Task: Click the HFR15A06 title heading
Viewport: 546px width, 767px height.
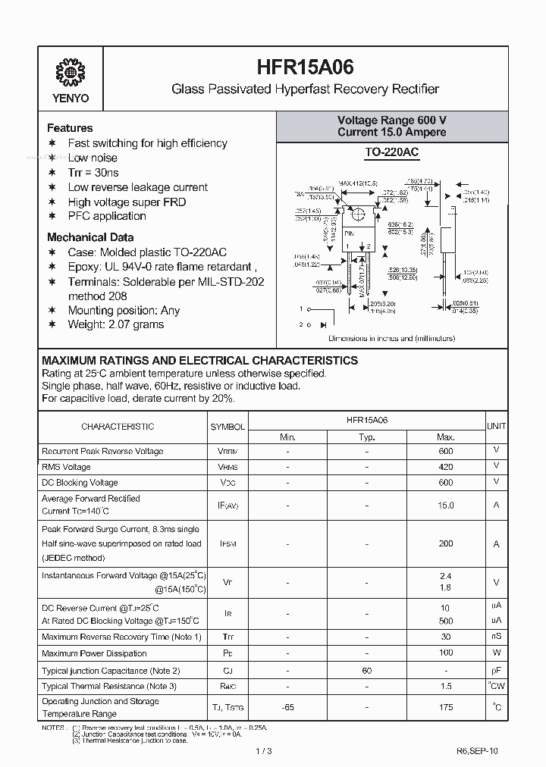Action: coord(305,68)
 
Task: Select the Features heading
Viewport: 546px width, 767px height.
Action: coord(70,128)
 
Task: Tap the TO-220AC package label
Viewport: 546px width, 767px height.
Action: coord(391,152)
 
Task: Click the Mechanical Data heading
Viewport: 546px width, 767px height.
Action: coord(90,237)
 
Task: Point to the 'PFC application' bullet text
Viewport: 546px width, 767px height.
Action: coord(107,216)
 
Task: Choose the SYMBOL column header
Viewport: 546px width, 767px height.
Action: coord(227,427)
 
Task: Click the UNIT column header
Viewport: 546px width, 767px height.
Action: coord(496,427)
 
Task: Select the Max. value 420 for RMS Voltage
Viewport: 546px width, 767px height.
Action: coord(445,467)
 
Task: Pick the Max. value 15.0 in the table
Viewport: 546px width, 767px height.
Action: coord(445,505)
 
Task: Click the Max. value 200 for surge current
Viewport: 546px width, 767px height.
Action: coord(445,543)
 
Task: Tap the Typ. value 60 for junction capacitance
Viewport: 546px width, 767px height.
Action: coord(366,670)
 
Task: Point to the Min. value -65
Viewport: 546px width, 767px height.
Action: coord(287,707)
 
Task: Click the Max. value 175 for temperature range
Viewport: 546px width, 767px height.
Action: coord(445,707)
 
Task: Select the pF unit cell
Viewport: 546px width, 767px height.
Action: coord(496,670)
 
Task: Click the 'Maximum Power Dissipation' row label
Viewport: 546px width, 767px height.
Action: coord(94,653)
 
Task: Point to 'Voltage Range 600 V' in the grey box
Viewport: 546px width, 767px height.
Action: coord(391,121)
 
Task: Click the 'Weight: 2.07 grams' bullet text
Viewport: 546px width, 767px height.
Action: coord(115,324)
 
